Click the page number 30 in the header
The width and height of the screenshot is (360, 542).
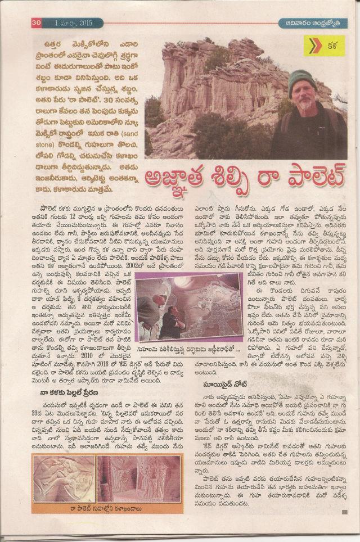(37, 22)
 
